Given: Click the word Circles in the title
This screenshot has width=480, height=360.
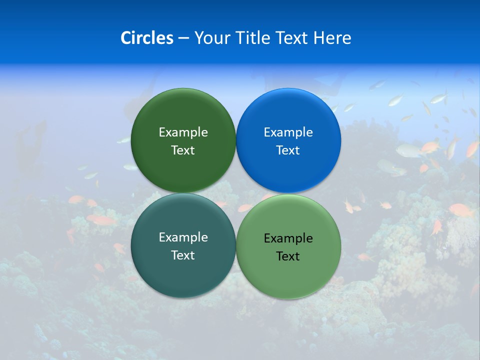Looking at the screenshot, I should [147, 38].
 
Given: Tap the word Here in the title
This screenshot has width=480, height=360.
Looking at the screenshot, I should [332, 38].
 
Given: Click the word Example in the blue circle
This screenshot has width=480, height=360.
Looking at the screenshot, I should [288, 132].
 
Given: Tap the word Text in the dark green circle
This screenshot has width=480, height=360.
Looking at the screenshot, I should [183, 150].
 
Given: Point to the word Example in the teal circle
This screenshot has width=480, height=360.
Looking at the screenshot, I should [183, 237].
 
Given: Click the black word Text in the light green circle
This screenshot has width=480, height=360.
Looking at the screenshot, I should [288, 256].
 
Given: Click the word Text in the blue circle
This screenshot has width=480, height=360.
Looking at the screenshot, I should [288, 150].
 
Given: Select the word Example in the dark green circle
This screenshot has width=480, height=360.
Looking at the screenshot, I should [183, 132].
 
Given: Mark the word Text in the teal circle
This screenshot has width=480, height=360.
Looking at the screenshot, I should [183, 255].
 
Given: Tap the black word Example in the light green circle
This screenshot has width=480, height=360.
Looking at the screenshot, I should [288, 238].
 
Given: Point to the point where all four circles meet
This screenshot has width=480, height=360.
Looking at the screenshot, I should [236, 193].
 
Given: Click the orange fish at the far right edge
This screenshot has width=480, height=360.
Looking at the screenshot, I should [472, 148].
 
